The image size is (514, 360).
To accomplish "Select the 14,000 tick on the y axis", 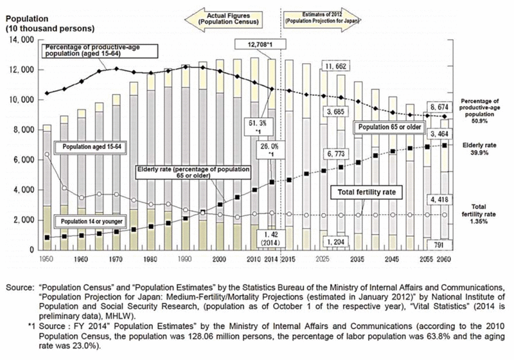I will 21,40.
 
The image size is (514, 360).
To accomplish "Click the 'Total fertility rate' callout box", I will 360,192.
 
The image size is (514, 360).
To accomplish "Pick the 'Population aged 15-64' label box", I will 93,147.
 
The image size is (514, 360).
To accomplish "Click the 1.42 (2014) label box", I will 266,238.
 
